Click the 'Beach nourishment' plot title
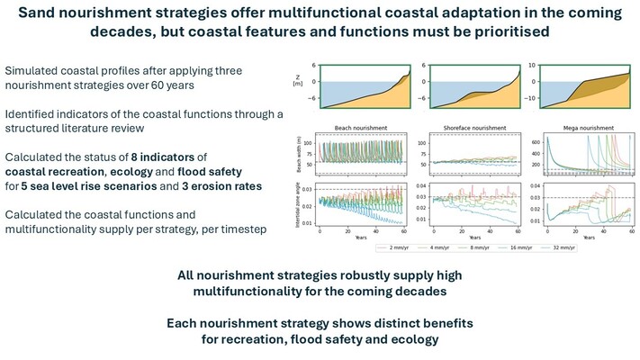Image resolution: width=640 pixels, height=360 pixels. click(354, 130)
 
